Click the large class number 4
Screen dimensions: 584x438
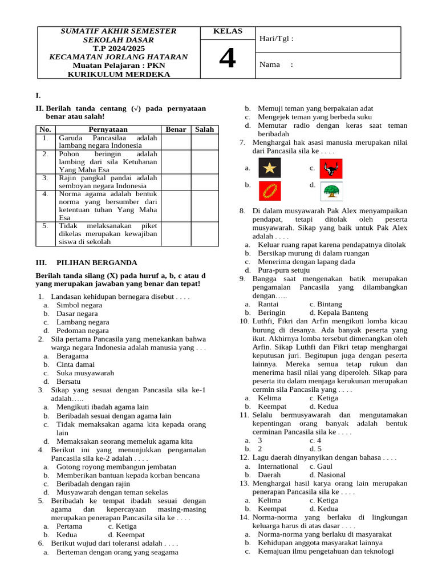[227, 59]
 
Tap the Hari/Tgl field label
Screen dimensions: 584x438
[277, 39]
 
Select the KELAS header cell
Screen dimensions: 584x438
[227, 31]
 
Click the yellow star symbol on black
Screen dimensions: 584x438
[269, 168]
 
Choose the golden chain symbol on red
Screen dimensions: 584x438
[269, 190]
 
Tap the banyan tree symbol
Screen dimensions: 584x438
[331, 191]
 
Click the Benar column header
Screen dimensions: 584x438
[176, 129]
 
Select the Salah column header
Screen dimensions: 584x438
[204, 129]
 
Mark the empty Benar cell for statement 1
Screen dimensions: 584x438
[176, 141]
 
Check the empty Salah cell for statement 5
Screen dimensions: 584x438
[204, 234]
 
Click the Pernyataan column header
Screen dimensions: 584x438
[108, 129]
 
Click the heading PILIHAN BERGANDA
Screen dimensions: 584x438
[97, 263]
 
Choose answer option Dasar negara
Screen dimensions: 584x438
[77, 314]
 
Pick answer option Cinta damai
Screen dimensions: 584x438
[76, 364]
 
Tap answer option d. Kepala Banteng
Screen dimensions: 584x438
[338, 313]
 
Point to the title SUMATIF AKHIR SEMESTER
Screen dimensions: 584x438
[119, 31]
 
